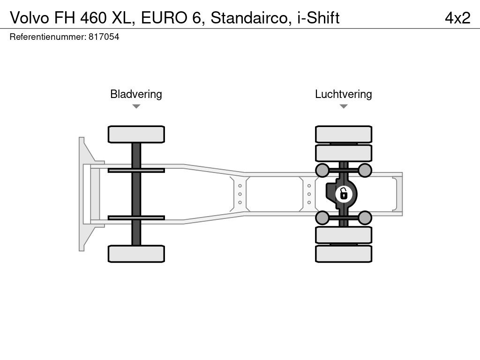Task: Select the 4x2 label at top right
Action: tap(457, 17)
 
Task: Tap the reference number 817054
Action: tap(104, 37)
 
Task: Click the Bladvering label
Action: tap(136, 94)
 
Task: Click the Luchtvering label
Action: tap(343, 94)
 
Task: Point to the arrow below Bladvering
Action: tap(136, 106)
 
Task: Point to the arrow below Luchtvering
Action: tap(344, 106)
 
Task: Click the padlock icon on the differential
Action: tap(344, 193)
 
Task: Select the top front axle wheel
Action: tap(136, 134)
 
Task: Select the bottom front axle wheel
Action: tap(136, 254)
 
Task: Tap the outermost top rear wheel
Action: tap(344, 134)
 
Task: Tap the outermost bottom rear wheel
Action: tap(344, 254)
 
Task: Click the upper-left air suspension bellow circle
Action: tap(322, 170)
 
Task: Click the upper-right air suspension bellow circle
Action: tap(365, 170)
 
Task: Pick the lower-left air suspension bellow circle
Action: tap(322, 217)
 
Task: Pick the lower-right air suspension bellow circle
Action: tap(365, 217)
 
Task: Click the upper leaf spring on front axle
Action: tap(136, 170)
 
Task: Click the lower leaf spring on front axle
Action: tap(136, 217)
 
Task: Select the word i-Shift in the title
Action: tap(318, 17)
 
